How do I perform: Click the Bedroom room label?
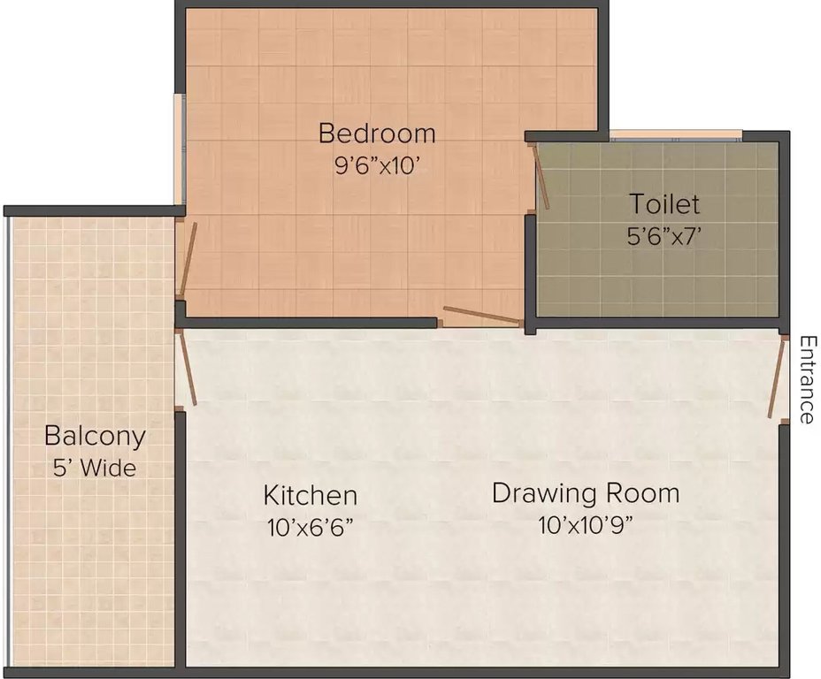[x=377, y=134]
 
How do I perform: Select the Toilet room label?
[x=664, y=204]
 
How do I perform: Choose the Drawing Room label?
[x=586, y=492]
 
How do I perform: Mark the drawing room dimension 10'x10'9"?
[x=586, y=525]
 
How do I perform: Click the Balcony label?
[x=95, y=436]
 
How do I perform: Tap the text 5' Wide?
[x=95, y=468]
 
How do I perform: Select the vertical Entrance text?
[x=806, y=379]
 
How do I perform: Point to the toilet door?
[x=540, y=178]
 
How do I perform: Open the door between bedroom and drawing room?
[x=480, y=316]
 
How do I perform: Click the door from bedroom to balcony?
[x=185, y=260]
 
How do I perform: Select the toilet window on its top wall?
[x=675, y=135]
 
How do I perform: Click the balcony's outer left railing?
[x=8, y=442]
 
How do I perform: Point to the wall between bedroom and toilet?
[x=529, y=265]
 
